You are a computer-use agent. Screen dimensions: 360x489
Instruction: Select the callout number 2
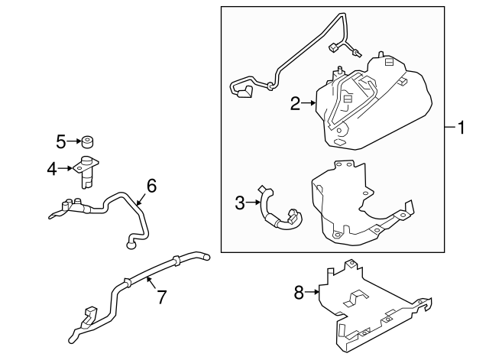click(x=295, y=104)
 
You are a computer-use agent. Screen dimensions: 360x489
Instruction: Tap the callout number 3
click(x=239, y=203)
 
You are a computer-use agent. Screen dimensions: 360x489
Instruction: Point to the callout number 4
click(x=52, y=169)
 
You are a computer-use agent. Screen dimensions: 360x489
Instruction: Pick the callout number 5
click(x=61, y=141)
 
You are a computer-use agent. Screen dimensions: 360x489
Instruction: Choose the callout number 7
click(x=161, y=297)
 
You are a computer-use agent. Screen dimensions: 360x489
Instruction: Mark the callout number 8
click(x=299, y=291)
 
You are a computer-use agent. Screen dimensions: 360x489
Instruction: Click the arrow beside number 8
click(x=313, y=291)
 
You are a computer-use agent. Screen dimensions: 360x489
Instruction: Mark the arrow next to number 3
click(x=253, y=203)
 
